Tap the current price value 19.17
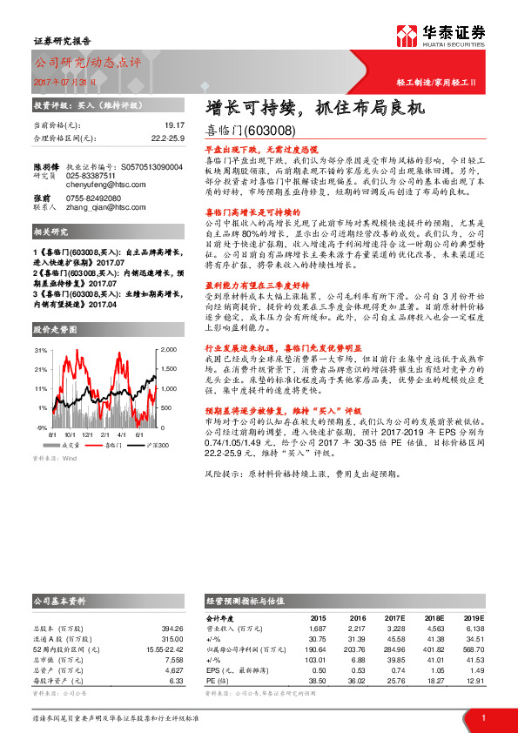[x=175, y=125]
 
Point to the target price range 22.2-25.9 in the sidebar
[x=169, y=138]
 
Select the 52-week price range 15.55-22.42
[x=163, y=648]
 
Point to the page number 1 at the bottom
[x=483, y=717]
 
